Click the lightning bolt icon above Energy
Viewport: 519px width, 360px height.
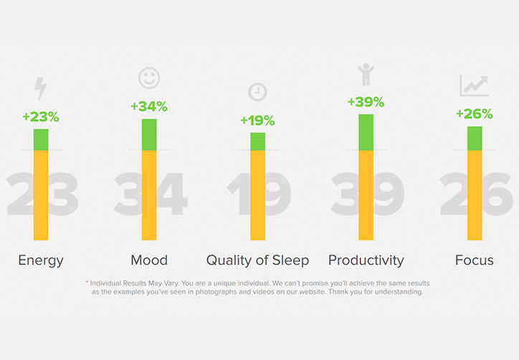point(41,89)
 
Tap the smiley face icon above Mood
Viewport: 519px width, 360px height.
point(149,78)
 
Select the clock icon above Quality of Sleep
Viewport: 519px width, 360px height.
point(257,92)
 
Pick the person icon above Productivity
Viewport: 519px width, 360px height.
point(366,75)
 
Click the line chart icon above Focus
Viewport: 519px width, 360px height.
point(475,85)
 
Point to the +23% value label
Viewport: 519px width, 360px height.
point(41,117)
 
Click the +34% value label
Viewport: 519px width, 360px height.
point(149,106)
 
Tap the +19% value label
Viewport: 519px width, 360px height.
point(257,120)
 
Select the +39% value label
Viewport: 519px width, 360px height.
point(366,102)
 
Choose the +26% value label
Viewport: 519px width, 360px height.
point(475,114)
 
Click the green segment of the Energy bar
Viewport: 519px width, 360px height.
point(41,140)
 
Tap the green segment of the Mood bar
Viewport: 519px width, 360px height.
point(149,135)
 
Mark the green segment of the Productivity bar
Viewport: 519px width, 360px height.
point(366,133)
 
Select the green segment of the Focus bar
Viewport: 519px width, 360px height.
point(475,138)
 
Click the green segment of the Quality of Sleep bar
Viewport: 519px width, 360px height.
point(258,142)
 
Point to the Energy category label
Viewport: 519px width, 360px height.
point(41,260)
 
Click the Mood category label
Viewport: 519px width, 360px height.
point(149,260)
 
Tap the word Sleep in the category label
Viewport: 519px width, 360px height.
point(290,260)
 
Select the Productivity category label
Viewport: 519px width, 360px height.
point(366,260)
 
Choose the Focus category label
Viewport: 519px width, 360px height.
point(475,260)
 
